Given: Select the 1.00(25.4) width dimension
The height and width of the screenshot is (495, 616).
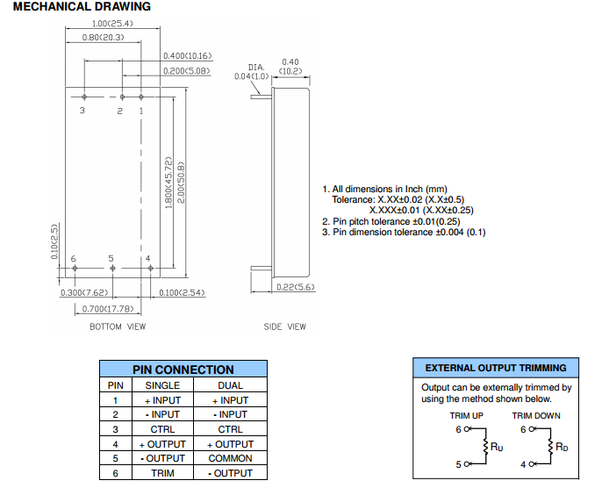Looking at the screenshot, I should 111,23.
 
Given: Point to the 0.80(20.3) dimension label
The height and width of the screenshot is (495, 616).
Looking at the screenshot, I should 103,37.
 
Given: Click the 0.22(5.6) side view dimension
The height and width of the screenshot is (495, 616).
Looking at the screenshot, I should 295,287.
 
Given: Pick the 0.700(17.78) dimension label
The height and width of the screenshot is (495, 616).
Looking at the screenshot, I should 108,308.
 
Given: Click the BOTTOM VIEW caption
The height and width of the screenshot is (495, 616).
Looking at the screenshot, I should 118,327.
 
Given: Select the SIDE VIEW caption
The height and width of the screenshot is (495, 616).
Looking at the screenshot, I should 285,327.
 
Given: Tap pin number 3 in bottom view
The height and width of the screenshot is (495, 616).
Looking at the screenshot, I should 82,111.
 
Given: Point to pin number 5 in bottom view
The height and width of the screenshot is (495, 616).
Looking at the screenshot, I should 111,258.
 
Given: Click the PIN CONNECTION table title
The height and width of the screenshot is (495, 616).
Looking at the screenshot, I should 183,369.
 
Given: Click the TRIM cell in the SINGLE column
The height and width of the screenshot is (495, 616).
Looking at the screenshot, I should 162,473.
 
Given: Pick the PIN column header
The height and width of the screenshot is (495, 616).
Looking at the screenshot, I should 115,385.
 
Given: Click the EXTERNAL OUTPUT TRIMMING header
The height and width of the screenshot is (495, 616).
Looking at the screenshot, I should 496,368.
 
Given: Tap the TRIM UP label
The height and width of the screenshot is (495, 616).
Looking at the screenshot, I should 468,416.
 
